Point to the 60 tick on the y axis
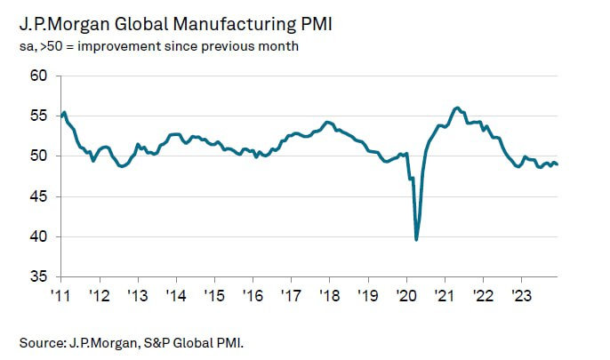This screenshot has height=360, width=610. tap(36, 76)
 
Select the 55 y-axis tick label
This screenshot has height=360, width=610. tap(36, 116)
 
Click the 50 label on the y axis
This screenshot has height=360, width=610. tap(36, 156)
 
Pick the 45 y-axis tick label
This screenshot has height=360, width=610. tap(36, 196)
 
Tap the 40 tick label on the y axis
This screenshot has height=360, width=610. tap(36, 237)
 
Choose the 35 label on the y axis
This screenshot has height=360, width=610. tap(36, 277)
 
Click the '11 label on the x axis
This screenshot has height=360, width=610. tap(61, 296)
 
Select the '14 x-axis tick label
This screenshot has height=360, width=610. tap(176, 296)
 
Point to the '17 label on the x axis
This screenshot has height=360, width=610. tap(291, 296)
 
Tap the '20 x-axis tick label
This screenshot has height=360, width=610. tap(405, 296)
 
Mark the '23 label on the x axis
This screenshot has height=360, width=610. tap(520, 296)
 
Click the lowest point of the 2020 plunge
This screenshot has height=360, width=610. tap(416, 239)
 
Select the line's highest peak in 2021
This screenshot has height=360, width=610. tap(457, 108)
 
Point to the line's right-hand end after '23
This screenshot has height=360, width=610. tap(558, 164)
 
